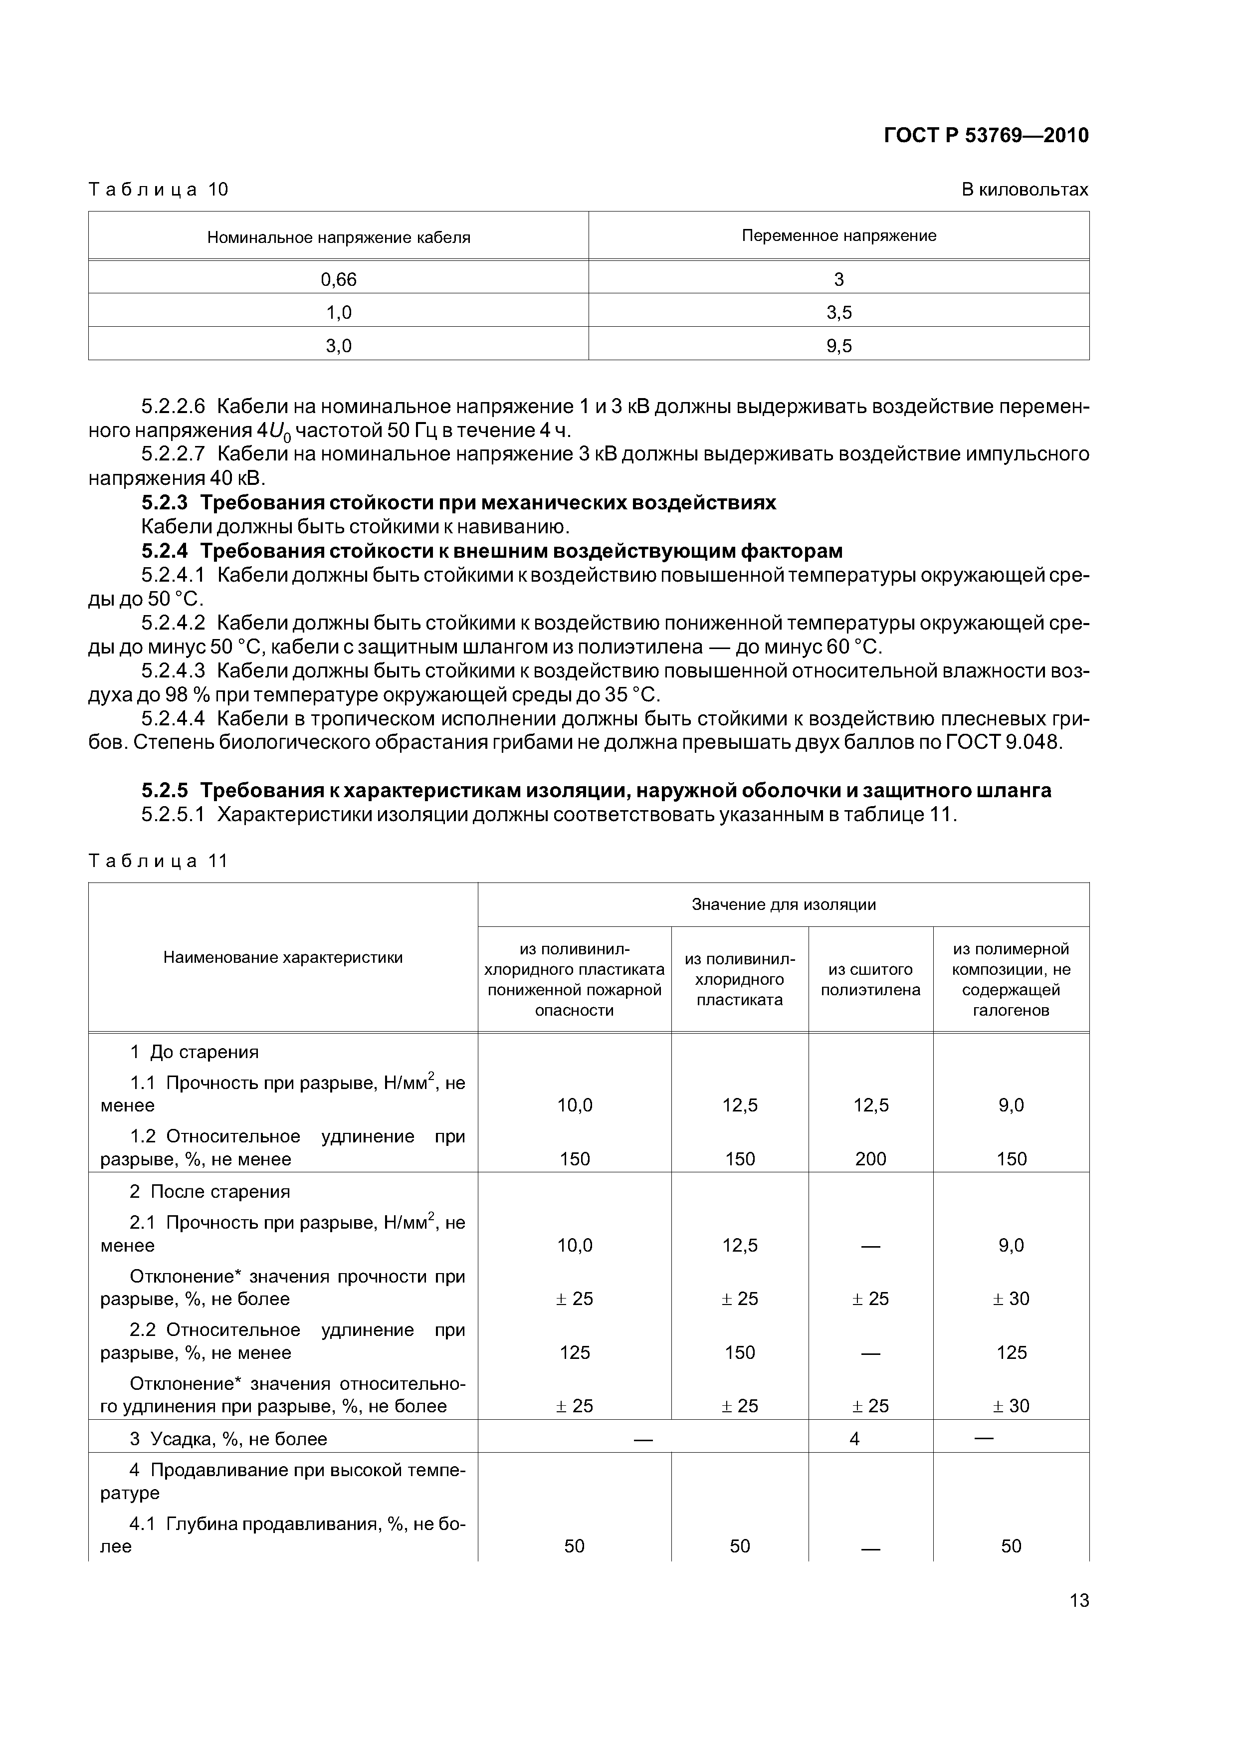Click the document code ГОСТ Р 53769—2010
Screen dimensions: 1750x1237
point(986,136)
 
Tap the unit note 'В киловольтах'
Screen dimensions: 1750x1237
point(1025,189)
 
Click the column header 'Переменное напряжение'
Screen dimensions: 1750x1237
point(838,235)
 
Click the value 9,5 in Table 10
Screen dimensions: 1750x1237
point(838,346)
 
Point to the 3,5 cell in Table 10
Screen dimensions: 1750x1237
point(838,312)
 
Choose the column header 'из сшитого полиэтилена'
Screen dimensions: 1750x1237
point(870,979)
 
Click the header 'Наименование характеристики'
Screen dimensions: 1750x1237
point(283,957)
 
